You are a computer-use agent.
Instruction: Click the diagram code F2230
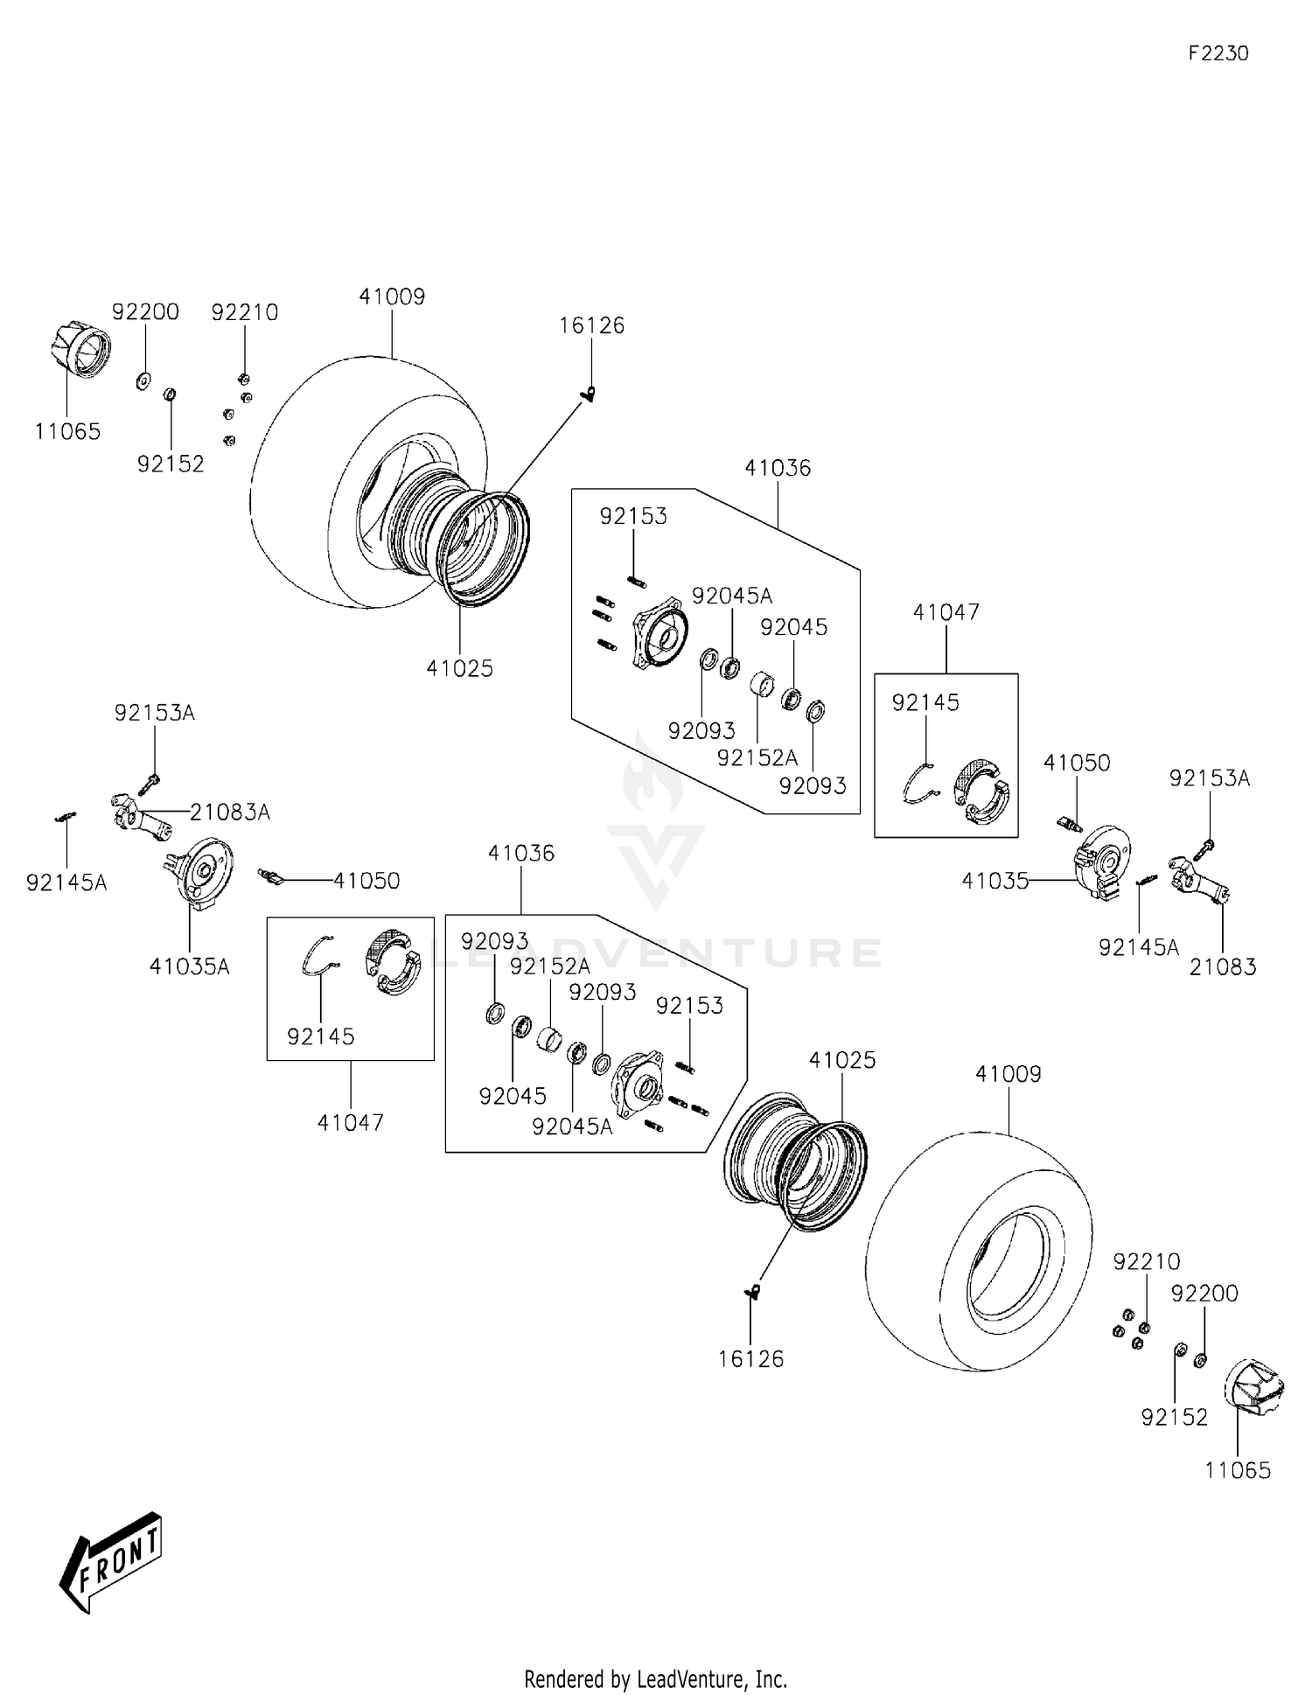click(x=1218, y=53)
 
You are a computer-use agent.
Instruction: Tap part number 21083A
click(x=229, y=813)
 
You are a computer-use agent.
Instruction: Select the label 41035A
click(x=189, y=966)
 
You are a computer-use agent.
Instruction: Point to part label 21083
click(x=1222, y=966)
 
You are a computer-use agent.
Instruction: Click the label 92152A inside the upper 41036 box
click(x=757, y=757)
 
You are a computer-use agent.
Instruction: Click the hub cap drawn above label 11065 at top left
click(x=79, y=348)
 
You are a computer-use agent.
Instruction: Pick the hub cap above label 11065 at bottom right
click(x=1255, y=1386)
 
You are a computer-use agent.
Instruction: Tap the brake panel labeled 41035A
click(x=199, y=870)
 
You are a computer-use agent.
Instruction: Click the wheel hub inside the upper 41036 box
click(x=660, y=631)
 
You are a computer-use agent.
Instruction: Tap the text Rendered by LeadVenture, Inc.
click(x=655, y=1678)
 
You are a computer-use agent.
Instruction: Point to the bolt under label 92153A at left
click(x=149, y=784)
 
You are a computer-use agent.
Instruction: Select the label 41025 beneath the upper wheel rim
click(x=459, y=668)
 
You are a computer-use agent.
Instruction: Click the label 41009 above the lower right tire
click(x=1008, y=1074)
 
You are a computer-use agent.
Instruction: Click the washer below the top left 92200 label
click(x=143, y=381)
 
